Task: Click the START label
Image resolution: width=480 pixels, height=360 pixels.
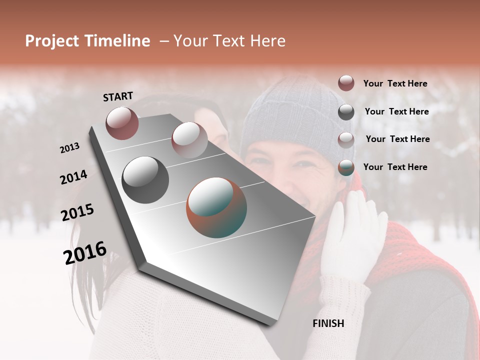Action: [x=118, y=96]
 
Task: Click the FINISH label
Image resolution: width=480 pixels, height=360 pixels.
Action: [x=328, y=323]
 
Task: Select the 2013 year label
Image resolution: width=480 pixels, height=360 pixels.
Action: [x=69, y=148]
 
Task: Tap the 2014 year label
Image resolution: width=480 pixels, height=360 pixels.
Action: [x=73, y=177]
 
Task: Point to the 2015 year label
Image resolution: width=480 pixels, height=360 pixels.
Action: [x=77, y=212]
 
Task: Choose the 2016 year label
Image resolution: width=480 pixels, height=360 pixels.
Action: [x=84, y=253]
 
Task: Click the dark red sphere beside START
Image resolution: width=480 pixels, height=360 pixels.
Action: [x=122, y=123]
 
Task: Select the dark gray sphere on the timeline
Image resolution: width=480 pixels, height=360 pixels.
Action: [x=145, y=179]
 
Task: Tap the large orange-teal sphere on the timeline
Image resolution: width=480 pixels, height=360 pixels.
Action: [x=216, y=207]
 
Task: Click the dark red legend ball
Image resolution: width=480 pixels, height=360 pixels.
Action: [x=346, y=83]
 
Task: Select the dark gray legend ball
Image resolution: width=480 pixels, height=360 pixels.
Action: [x=346, y=112]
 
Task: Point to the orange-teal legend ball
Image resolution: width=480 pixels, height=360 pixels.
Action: [x=346, y=167]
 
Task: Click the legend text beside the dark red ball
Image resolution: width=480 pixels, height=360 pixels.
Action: [x=395, y=83]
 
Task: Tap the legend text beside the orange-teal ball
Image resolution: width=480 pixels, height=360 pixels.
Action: [x=395, y=167]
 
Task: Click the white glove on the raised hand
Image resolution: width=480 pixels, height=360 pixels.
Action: [x=352, y=235]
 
